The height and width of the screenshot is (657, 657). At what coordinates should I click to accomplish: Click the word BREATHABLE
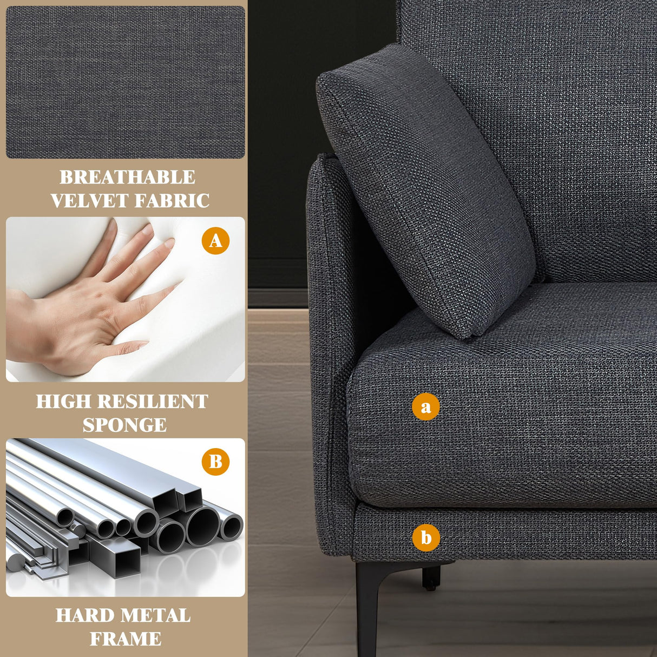point(127,178)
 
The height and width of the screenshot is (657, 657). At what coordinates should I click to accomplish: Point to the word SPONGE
point(124,425)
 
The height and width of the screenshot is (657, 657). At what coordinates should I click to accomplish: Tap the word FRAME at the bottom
point(125,639)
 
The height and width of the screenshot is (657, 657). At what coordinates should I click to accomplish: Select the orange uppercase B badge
point(215,462)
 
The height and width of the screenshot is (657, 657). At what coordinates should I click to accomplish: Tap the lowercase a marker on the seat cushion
point(426,406)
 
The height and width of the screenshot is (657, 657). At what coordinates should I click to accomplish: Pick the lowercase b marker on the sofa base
point(426,538)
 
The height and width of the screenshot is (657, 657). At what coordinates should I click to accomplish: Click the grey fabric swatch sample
point(125,82)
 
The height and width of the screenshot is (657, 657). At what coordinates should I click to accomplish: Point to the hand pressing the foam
point(92,303)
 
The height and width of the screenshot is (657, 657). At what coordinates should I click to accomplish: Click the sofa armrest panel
point(327,352)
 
